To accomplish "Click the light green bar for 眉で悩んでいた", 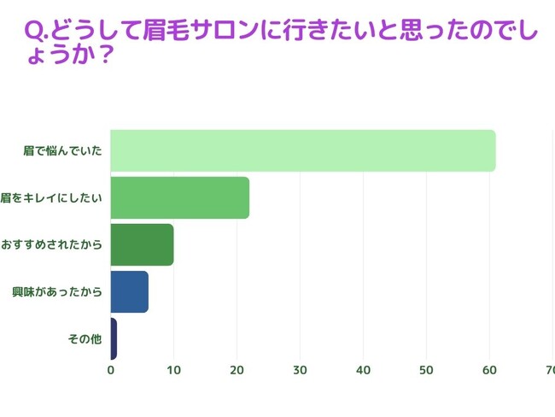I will [x=303, y=150].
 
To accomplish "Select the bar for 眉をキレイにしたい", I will [x=179, y=197].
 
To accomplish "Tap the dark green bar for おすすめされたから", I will [x=142, y=244].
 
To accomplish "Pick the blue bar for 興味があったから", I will [x=129, y=291].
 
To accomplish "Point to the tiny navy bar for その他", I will [x=114, y=338].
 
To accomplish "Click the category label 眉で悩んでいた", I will [x=63, y=151].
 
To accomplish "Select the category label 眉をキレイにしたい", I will [x=52, y=198].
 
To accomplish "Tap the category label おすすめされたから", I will [x=51, y=245].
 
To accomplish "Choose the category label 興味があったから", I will [x=57, y=292].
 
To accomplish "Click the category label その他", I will [x=85, y=339].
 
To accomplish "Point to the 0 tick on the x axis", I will [x=111, y=370].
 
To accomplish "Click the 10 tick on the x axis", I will [x=173, y=370].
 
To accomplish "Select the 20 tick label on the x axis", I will [x=237, y=370].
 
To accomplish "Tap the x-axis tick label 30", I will [x=300, y=370].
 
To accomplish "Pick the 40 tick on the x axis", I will [x=363, y=370].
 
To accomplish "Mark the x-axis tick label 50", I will [x=426, y=370].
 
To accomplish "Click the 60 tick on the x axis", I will [x=489, y=370].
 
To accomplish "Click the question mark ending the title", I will [x=108, y=54].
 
